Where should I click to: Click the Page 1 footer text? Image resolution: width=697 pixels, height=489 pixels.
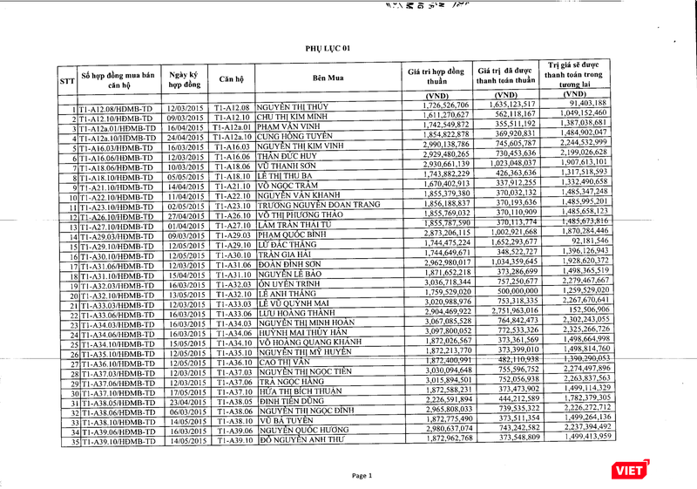pos(362,475)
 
